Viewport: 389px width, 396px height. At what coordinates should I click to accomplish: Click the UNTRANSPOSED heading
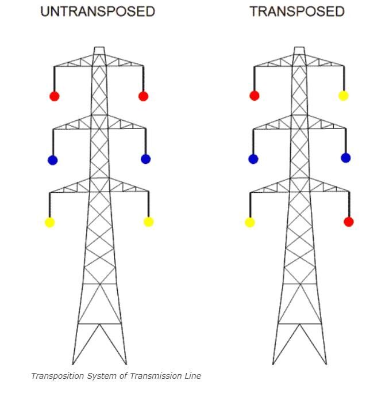[98, 12]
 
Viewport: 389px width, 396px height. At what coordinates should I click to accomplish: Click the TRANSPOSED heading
[297, 12]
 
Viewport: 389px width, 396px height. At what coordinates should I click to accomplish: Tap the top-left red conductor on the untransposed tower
[54, 96]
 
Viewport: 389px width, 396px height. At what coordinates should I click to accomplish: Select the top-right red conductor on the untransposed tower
[143, 96]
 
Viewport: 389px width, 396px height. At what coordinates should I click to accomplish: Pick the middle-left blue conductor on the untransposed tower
[52, 160]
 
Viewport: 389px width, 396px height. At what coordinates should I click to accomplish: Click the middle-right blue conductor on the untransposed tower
[145, 159]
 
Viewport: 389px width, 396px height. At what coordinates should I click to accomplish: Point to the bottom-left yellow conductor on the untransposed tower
[49, 222]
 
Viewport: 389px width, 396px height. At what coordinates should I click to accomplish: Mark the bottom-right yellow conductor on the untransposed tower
[148, 222]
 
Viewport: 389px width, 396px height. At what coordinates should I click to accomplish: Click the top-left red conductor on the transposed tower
[254, 96]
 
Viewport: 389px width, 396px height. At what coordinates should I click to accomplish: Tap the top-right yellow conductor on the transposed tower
[343, 96]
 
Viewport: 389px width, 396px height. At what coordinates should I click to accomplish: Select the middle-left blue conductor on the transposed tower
[253, 159]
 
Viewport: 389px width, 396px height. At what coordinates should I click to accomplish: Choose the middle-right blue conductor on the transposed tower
[345, 158]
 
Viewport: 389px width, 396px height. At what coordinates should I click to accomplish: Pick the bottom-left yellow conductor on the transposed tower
[249, 222]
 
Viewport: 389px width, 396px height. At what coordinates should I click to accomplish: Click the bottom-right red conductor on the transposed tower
[348, 222]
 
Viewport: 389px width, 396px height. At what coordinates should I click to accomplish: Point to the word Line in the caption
[192, 376]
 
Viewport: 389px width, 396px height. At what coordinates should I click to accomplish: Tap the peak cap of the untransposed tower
[99, 51]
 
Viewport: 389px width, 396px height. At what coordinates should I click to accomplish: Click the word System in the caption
[97, 376]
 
